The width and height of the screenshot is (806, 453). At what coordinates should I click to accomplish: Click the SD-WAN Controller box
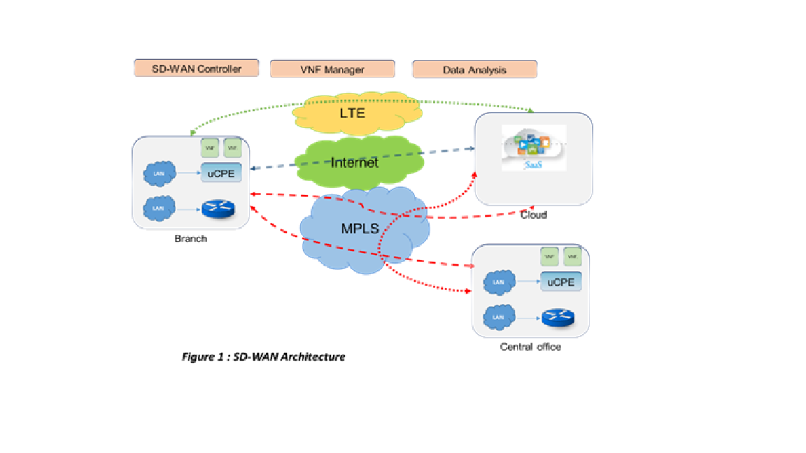click(x=197, y=68)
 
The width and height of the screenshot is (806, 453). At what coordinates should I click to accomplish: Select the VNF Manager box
click(x=332, y=69)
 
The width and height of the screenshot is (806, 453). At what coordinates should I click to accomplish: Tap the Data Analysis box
click(x=474, y=69)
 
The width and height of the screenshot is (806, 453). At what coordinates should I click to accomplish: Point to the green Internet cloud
click(x=354, y=162)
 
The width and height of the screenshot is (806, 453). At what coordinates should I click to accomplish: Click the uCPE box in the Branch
click(x=220, y=171)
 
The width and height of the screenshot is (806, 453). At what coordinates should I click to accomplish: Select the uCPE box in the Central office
click(x=560, y=282)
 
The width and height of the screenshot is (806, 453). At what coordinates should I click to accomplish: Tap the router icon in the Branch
click(x=218, y=208)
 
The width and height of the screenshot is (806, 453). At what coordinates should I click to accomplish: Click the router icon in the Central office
click(x=558, y=317)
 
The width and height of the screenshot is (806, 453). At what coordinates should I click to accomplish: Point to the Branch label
click(x=191, y=238)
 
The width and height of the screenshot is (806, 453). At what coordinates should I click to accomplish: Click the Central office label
click(x=530, y=347)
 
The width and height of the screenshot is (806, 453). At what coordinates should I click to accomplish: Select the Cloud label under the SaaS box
click(x=533, y=215)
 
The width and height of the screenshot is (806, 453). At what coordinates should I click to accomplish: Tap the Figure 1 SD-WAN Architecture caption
click(x=263, y=357)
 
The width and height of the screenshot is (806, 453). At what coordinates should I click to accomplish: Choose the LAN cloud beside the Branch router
click(x=159, y=208)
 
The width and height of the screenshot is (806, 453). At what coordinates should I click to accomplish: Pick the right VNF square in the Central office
click(x=572, y=257)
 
